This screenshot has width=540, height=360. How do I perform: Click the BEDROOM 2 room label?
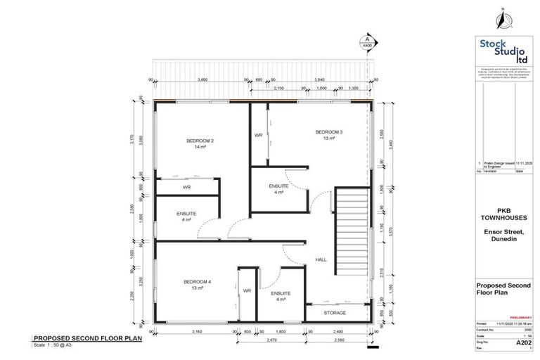coord(199,141)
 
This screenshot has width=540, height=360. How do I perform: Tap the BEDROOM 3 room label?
coord(329,132)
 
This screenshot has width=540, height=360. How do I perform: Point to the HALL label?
coord(321,259)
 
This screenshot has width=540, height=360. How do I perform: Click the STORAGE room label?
coord(335,312)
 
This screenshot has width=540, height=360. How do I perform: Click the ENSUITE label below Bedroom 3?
coord(279,186)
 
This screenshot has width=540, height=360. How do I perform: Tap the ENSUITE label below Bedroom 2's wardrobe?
coord(186,213)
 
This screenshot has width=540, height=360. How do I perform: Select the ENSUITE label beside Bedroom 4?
coord(280,293)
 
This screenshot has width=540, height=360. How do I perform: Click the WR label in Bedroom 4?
coord(247,290)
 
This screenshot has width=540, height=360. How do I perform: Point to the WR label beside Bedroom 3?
coord(258,135)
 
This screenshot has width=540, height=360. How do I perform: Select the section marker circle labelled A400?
coord(366,41)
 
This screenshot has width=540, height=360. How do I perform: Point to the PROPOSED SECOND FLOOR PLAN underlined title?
coord(88,338)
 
